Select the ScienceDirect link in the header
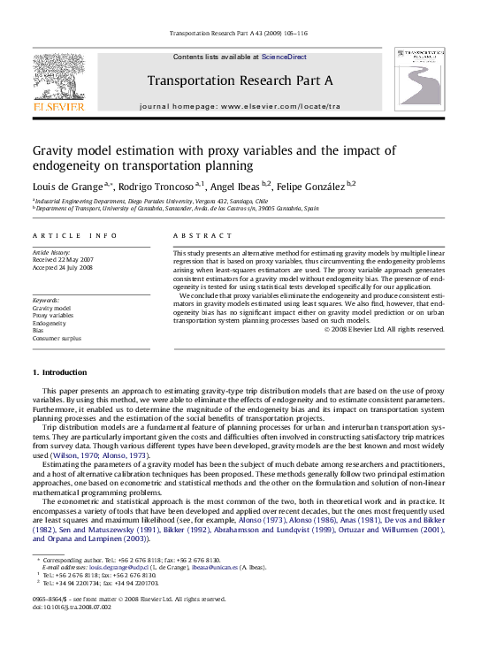(x=284, y=57)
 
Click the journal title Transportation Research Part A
(x=240, y=80)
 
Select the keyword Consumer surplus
(x=58, y=339)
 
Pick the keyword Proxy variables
(x=53, y=315)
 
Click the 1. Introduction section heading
(x=59, y=373)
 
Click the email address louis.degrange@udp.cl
(x=98, y=567)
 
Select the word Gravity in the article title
(x=57, y=150)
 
